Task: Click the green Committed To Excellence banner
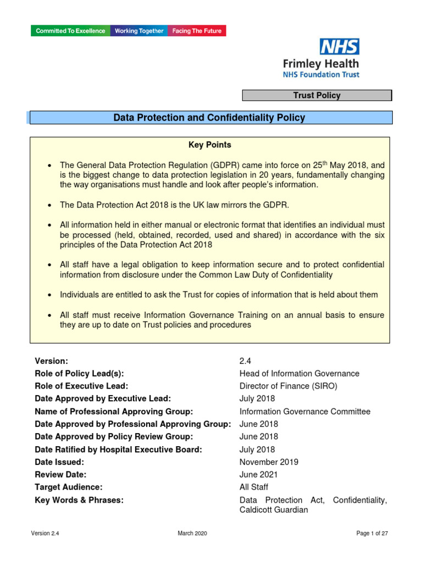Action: point(70,31)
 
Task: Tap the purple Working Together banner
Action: point(139,31)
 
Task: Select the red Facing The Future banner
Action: point(197,31)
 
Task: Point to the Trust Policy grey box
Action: point(317,95)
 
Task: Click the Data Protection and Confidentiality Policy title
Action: point(209,117)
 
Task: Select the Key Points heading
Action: point(210,145)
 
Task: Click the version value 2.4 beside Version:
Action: point(245,361)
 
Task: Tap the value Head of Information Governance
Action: point(299,374)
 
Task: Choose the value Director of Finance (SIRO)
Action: point(288,386)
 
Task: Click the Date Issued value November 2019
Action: point(269,462)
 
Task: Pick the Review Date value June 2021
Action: point(258,475)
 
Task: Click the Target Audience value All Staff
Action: point(254,487)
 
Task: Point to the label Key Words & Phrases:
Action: point(79,500)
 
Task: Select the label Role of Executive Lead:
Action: point(81,386)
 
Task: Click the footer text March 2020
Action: point(192,533)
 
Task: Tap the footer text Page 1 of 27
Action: point(372,533)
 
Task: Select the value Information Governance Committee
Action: point(304,412)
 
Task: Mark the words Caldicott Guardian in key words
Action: point(274,510)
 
